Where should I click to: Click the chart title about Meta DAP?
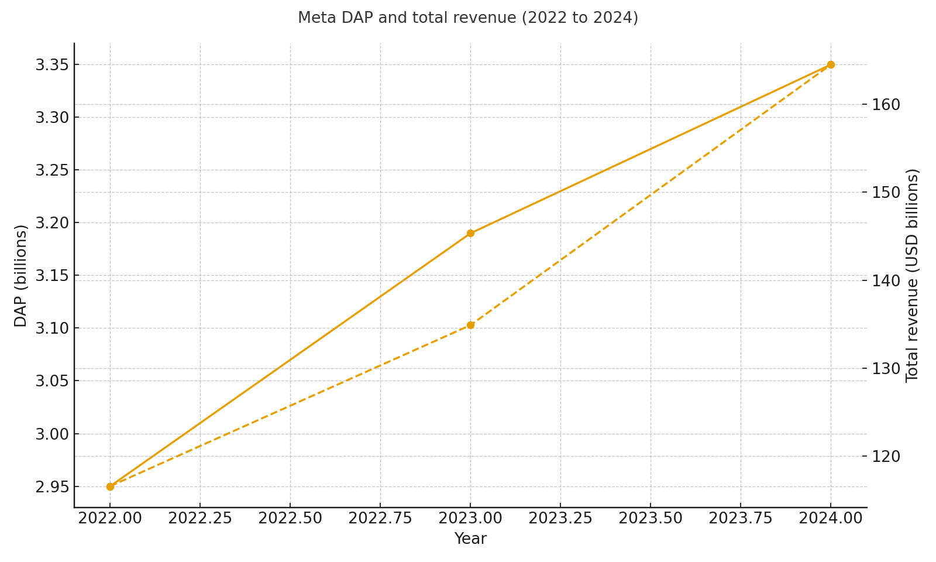coord(468,18)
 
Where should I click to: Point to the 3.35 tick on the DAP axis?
coord(52,65)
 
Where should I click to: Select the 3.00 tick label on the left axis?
coord(52,434)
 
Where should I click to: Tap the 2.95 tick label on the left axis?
coord(52,487)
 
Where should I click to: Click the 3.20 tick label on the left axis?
coord(52,223)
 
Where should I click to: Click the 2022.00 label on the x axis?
coord(110,519)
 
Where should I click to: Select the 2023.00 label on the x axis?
coord(470,519)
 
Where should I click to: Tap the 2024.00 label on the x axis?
coord(831,519)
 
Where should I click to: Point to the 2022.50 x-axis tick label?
coord(290,519)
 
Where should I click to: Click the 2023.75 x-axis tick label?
coord(741,519)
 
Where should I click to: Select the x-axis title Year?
coord(470,539)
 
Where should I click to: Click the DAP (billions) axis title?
coord(21,275)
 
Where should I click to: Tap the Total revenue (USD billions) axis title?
coord(913,275)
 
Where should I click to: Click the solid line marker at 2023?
coord(470,233)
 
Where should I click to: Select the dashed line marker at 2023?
coord(470,325)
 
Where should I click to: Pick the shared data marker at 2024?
coord(831,64)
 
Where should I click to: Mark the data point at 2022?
coord(110,486)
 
